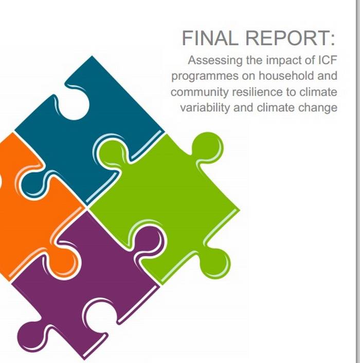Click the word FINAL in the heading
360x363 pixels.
pos(210,38)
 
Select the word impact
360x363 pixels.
pos(283,61)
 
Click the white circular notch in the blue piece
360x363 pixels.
pos(75,106)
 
